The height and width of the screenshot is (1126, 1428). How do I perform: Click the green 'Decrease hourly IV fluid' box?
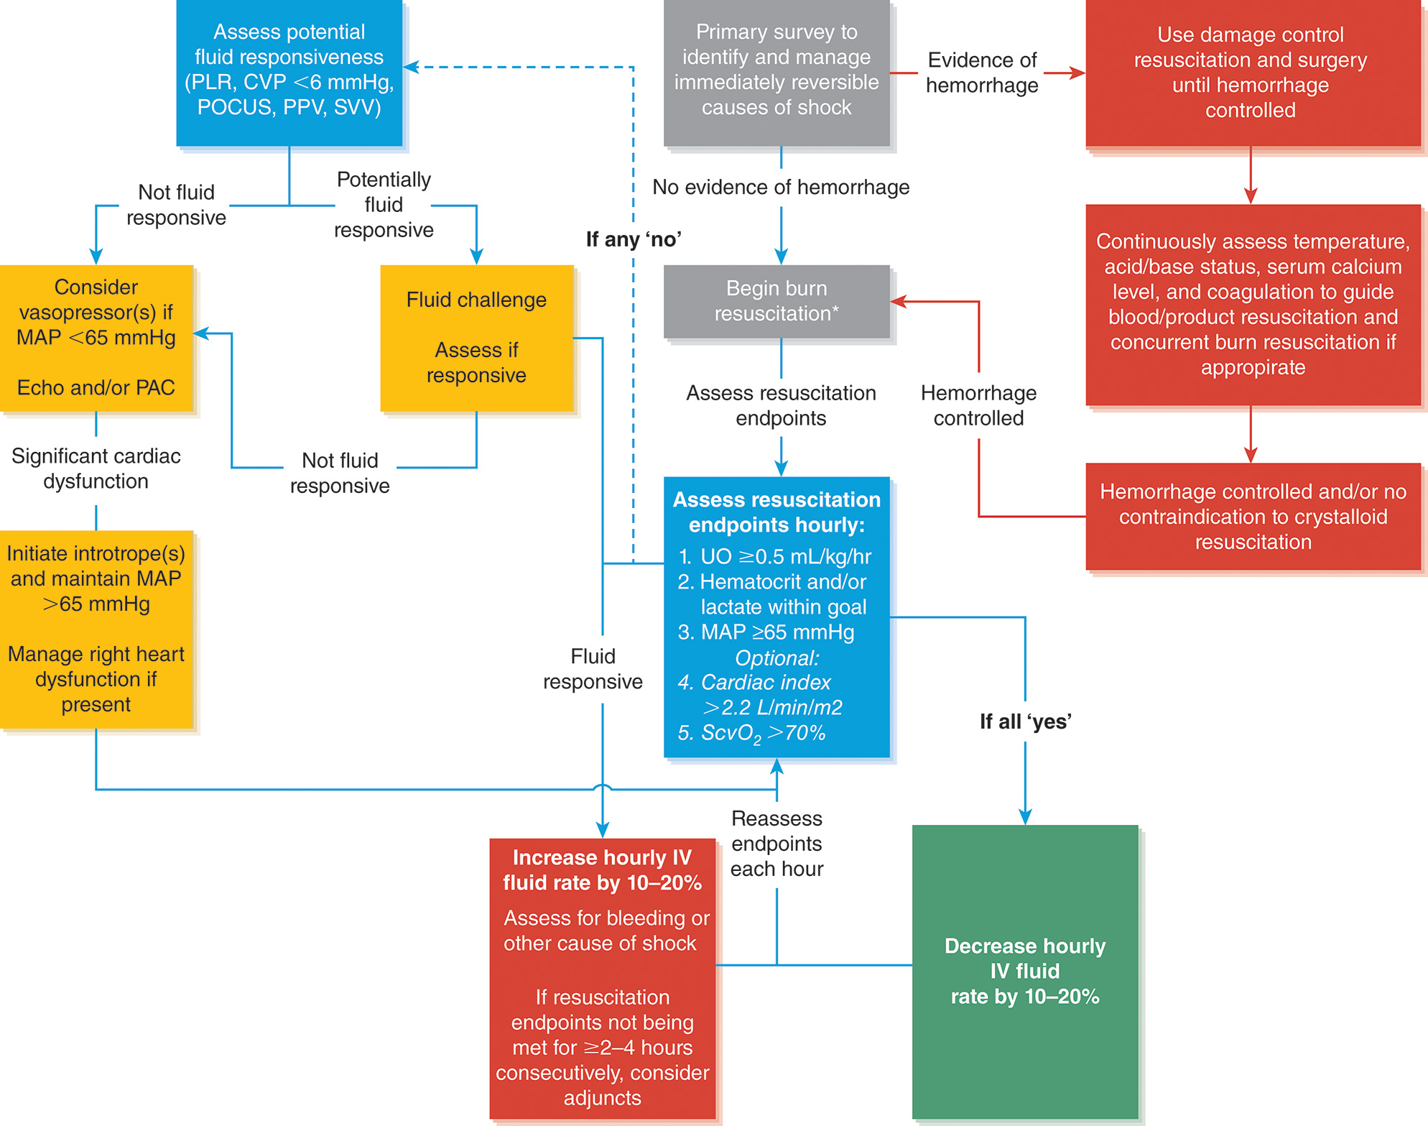click(x=1024, y=971)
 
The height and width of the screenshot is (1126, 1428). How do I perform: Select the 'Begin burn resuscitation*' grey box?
click(x=776, y=301)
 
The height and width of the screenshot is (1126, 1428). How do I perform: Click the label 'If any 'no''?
click(x=634, y=239)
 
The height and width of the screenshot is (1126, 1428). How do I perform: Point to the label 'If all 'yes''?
click(x=1025, y=721)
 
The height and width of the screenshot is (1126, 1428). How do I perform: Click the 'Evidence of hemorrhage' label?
click(x=981, y=73)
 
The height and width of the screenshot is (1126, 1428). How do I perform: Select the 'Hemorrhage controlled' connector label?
click(x=978, y=405)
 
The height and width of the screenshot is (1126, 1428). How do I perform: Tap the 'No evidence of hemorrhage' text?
click(x=780, y=188)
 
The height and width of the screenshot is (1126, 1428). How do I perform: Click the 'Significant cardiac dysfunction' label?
click(x=96, y=469)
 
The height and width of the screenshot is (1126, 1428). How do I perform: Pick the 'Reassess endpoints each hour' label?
click(x=776, y=844)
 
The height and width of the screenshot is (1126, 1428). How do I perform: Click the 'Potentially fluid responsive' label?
click(x=384, y=205)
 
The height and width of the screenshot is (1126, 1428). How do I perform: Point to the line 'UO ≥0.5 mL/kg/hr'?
click(x=776, y=557)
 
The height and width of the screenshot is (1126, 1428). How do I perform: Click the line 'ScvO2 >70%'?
click(x=753, y=733)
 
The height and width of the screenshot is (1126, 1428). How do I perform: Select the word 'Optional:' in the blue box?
click(x=776, y=657)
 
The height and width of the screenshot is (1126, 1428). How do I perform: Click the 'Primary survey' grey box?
click(x=776, y=70)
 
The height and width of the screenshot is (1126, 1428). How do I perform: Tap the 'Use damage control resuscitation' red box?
click(x=1250, y=73)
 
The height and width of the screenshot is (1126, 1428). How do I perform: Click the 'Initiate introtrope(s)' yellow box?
click(x=96, y=629)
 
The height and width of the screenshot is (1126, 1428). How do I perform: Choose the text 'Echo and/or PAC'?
click(x=96, y=388)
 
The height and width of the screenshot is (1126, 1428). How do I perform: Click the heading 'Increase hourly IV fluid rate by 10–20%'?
click(x=602, y=870)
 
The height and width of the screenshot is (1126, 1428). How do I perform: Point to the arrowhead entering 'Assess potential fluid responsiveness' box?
click(x=410, y=67)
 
